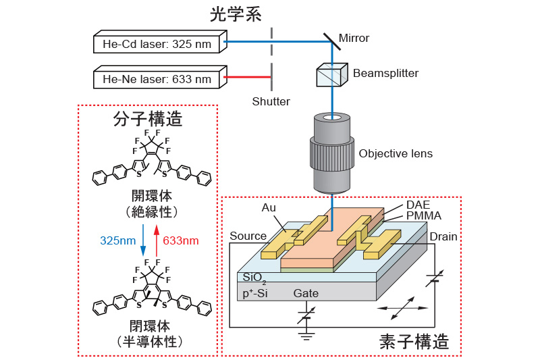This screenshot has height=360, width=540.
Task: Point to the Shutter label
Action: point(271,101)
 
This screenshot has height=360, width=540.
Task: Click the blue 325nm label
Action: point(118,240)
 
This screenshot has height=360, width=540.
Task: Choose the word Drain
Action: point(443,236)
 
